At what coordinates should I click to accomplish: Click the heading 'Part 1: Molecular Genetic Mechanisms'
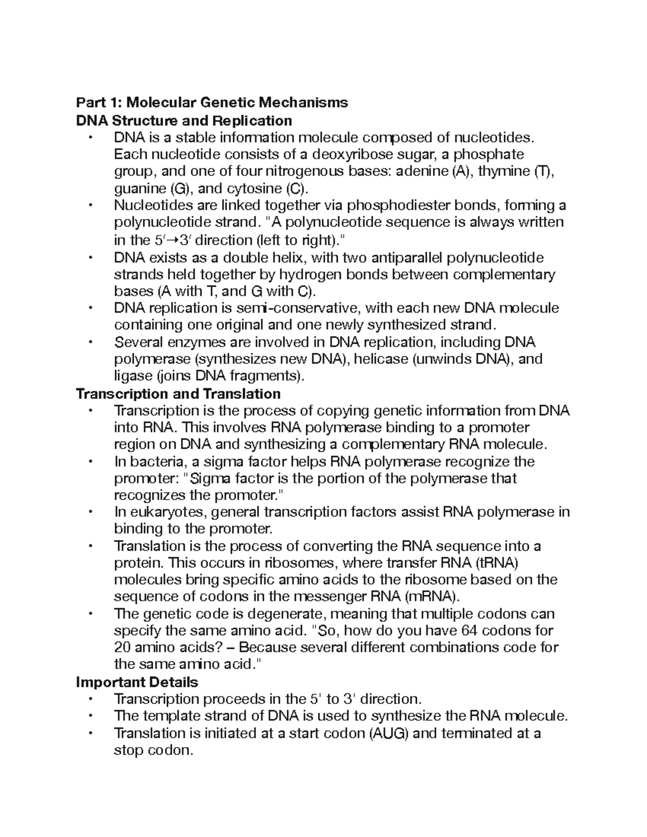click(212, 102)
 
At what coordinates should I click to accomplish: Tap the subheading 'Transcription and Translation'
click(178, 393)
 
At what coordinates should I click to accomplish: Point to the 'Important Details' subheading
click(137, 682)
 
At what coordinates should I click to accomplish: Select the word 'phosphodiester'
click(397, 205)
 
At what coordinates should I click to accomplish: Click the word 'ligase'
click(133, 376)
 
